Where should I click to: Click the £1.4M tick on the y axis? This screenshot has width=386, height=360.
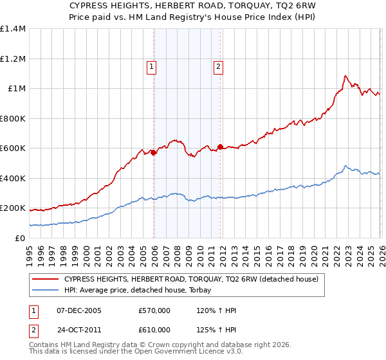13,29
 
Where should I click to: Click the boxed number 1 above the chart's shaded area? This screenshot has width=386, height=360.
151,66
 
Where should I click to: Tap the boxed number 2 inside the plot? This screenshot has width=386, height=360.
219,66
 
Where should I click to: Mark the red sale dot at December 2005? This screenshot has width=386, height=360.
154,153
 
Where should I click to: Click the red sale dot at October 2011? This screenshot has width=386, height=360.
220,147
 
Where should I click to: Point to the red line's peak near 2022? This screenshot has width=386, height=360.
345,76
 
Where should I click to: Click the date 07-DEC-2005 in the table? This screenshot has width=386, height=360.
79,310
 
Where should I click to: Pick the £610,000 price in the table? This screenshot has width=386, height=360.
154,329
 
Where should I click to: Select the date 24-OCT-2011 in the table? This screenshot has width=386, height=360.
79,329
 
